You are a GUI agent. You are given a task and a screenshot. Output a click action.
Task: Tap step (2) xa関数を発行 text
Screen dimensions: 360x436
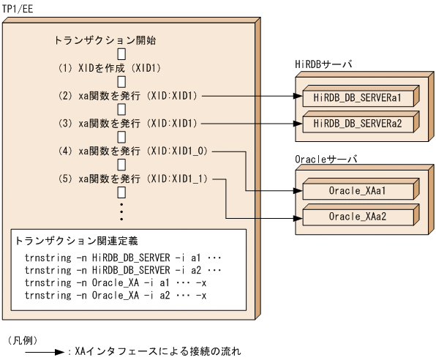pyautogui.click(x=132, y=95)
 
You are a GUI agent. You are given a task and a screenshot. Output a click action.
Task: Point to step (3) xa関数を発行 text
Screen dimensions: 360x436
pyautogui.click(x=132, y=123)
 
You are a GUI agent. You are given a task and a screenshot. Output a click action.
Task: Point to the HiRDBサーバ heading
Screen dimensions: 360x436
pyautogui.click(x=323, y=65)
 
